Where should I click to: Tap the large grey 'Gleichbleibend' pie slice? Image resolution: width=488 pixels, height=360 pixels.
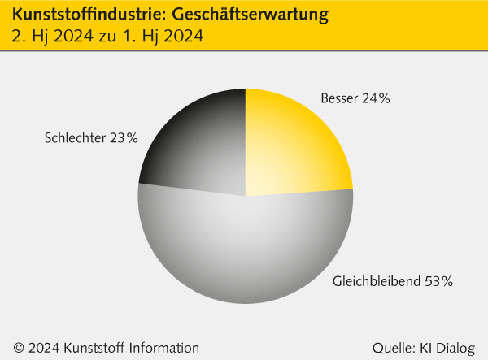[x=244, y=252]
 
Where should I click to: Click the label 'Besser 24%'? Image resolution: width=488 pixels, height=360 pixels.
[x=355, y=99]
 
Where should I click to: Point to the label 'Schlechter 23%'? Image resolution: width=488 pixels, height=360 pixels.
[x=91, y=138]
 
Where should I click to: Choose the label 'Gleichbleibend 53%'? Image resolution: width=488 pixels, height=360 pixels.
[x=393, y=282]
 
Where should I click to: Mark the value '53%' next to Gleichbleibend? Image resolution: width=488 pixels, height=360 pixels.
[x=438, y=282]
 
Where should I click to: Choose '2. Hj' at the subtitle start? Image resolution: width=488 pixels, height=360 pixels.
[x=29, y=37]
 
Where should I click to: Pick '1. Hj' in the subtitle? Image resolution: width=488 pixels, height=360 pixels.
[x=143, y=37]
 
